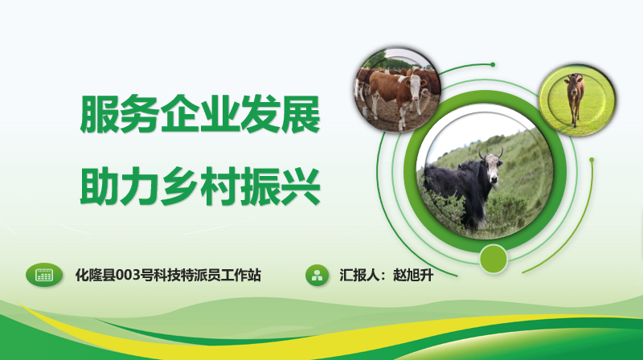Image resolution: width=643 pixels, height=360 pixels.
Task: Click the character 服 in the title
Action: point(100,114)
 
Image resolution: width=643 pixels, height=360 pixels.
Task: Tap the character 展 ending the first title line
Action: point(300,114)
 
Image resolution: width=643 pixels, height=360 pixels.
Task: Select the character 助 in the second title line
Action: point(100,186)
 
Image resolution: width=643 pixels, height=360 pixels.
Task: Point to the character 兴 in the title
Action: point(300,186)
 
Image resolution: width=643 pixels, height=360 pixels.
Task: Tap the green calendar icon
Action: point(44,275)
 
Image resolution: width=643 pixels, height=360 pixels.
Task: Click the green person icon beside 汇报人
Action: point(317,275)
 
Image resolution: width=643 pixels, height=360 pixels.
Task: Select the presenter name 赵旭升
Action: point(413,275)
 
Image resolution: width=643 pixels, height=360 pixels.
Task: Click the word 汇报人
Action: point(359,275)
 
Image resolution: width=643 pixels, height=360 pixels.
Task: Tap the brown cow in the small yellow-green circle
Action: point(575,100)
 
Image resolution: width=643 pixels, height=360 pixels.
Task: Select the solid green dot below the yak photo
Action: point(494,259)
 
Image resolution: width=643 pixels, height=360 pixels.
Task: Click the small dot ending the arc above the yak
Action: point(493,64)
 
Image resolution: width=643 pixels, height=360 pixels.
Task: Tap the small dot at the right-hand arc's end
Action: point(592,159)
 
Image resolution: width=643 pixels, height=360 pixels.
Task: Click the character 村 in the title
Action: point(220,186)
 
